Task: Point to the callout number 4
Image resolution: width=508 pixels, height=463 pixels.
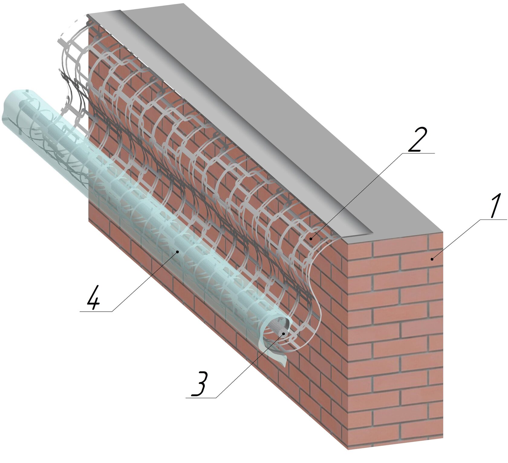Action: click(x=93, y=297)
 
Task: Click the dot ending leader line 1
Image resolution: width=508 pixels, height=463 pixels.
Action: click(x=432, y=259)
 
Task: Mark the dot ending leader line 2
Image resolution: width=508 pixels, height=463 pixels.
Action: click(x=311, y=239)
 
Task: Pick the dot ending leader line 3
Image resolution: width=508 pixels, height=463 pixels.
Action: click(x=284, y=334)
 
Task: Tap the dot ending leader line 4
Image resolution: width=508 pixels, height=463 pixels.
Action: click(x=178, y=251)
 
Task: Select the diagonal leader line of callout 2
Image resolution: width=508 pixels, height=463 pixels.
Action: click(x=357, y=196)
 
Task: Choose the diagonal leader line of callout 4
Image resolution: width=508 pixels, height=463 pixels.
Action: click(x=145, y=281)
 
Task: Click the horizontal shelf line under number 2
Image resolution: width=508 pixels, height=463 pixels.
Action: click(x=419, y=153)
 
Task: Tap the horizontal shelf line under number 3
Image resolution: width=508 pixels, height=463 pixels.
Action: click(x=201, y=398)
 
